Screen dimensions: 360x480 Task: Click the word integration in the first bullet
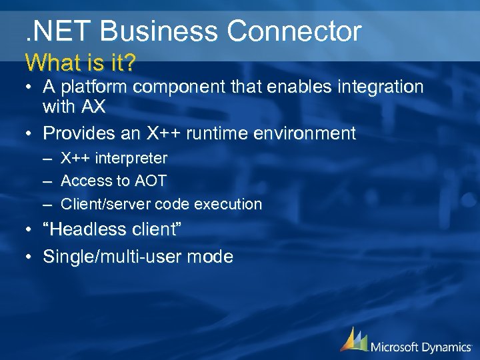[377, 87]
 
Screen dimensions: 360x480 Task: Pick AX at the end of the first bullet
[93, 106]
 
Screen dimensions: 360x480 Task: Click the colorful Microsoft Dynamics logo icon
[353, 340]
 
